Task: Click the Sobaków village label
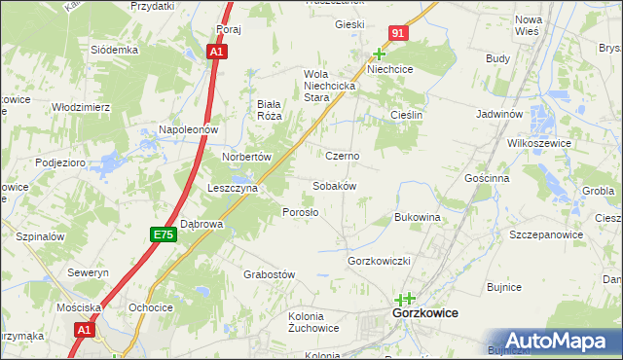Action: pos(334,186)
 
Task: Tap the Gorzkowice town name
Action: pos(424,314)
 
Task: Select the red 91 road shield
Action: pos(399,34)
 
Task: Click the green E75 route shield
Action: pos(163,234)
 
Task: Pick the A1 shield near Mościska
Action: pos(84,331)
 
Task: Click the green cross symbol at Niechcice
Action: pos(380,54)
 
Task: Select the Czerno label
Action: pos(343,156)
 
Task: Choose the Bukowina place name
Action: pos(418,217)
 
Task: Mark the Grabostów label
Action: pos(269,275)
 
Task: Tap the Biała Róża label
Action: pos(269,109)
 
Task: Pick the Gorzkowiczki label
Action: pos(382,262)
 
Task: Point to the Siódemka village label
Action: pos(115,50)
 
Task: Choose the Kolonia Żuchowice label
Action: pos(313,322)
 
